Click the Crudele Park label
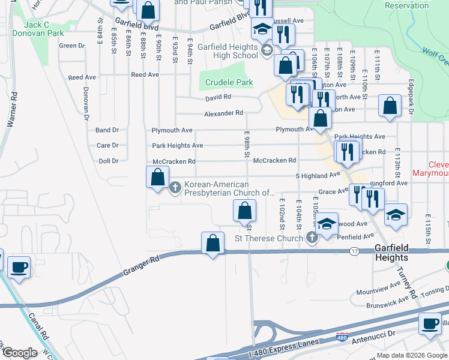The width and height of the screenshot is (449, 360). point(229,82)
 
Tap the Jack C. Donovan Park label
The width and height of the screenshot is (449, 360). point(37,29)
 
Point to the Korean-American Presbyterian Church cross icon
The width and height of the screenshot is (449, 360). point(175,188)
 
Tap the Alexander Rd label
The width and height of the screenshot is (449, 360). point(223,113)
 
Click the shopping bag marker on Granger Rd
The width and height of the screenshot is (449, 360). point(212,244)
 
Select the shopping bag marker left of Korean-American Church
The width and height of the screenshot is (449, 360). point(157,178)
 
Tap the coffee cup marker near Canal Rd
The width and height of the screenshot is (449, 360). point(19,267)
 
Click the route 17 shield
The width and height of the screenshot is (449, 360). point(355,251)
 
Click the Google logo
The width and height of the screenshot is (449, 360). point(19,353)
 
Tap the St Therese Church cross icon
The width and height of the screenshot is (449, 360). point(312,238)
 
